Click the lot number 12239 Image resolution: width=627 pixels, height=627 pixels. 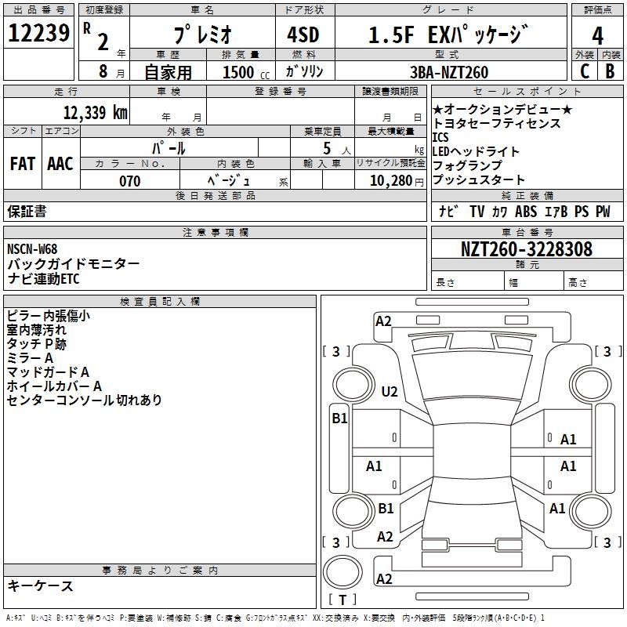click(x=38, y=33)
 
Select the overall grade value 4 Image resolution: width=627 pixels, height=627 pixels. click(x=597, y=35)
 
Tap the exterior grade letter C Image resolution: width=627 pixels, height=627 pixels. click(x=585, y=71)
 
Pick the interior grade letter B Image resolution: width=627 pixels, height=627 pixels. click(x=610, y=71)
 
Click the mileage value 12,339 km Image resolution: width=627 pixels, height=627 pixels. click(x=95, y=112)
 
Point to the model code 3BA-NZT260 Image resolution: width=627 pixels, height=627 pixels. click(x=449, y=72)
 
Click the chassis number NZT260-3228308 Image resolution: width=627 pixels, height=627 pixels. click(x=526, y=248)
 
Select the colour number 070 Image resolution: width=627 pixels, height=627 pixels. click(x=130, y=181)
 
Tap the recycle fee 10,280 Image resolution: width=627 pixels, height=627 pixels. click(x=391, y=181)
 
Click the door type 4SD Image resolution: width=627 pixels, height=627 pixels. click(x=303, y=34)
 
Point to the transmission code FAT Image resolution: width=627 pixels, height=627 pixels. click(x=23, y=164)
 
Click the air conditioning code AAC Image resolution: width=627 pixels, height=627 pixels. click(x=60, y=164)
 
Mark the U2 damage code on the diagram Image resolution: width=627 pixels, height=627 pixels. click(x=390, y=391)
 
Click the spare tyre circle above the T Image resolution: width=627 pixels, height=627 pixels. click(x=342, y=572)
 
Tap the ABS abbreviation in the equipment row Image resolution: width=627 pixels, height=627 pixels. click(x=526, y=211)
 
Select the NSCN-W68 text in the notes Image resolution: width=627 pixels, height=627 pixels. click(x=32, y=248)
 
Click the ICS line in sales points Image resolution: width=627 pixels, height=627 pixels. click(x=440, y=137)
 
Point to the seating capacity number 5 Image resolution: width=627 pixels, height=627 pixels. click(x=327, y=148)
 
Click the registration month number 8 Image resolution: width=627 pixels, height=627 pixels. click(x=103, y=71)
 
